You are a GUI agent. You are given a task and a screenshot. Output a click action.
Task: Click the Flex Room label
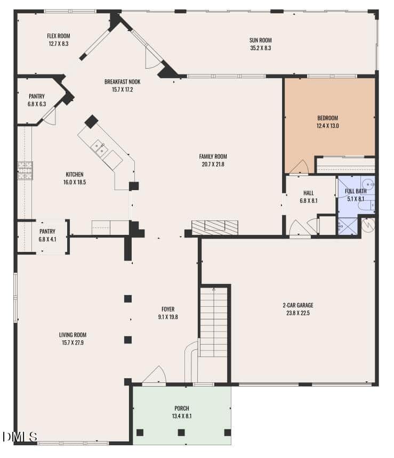coord(59,36)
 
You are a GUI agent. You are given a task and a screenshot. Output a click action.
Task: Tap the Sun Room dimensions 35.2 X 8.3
coord(261,48)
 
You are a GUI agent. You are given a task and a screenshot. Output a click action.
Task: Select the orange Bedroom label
coord(327,118)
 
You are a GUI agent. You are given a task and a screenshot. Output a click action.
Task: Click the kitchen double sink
coord(99,147)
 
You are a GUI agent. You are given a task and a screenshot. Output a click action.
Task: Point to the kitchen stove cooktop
coord(25,170)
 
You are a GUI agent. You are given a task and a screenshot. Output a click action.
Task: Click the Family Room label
coord(213,157)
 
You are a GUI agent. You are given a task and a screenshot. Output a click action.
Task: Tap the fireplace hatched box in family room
coord(215,227)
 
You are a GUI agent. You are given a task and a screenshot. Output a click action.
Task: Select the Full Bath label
coord(356,191)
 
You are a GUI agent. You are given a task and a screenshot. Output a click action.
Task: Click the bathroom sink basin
coord(368,184)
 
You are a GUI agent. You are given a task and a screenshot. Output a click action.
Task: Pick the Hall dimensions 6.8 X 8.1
coord(309,201)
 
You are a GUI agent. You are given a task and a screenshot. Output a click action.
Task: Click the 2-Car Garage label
coord(298,305)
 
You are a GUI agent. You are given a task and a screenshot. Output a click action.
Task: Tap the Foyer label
coord(168,309)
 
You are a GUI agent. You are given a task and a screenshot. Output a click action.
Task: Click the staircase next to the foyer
coord(213,321)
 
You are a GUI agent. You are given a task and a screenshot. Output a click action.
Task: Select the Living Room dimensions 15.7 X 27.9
coord(73,342)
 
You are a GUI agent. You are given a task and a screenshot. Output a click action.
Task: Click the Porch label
coord(182,408)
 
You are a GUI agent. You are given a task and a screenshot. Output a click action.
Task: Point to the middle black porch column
coord(181,432)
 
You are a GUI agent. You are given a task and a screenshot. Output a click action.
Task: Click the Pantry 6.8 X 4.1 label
coord(47,235)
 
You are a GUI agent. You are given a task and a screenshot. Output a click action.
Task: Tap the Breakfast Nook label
coord(123,82)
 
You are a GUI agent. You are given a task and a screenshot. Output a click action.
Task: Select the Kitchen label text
coord(75,174)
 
